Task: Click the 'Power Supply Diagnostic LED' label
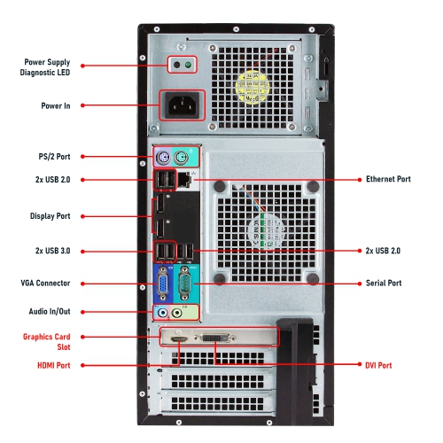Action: (x=45, y=67)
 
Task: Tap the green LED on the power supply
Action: (x=188, y=65)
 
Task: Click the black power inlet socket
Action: (x=182, y=105)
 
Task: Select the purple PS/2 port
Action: (x=163, y=157)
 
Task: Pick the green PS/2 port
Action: (x=181, y=157)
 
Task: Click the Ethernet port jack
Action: (x=184, y=180)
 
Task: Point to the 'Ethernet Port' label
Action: (x=388, y=179)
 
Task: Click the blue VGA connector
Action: (x=163, y=284)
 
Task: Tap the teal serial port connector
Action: (x=184, y=284)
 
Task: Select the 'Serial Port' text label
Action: (x=384, y=284)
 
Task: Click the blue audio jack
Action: (x=162, y=313)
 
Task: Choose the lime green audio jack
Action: (x=176, y=313)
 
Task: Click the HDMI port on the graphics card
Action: (x=179, y=339)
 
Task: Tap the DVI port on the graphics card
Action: (x=215, y=338)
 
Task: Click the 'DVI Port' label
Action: (x=378, y=365)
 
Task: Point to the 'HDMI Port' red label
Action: (x=54, y=365)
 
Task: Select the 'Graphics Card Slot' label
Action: (x=47, y=342)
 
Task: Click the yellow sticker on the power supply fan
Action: (x=252, y=88)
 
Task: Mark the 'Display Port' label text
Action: (x=50, y=216)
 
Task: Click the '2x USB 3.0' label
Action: (x=52, y=251)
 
